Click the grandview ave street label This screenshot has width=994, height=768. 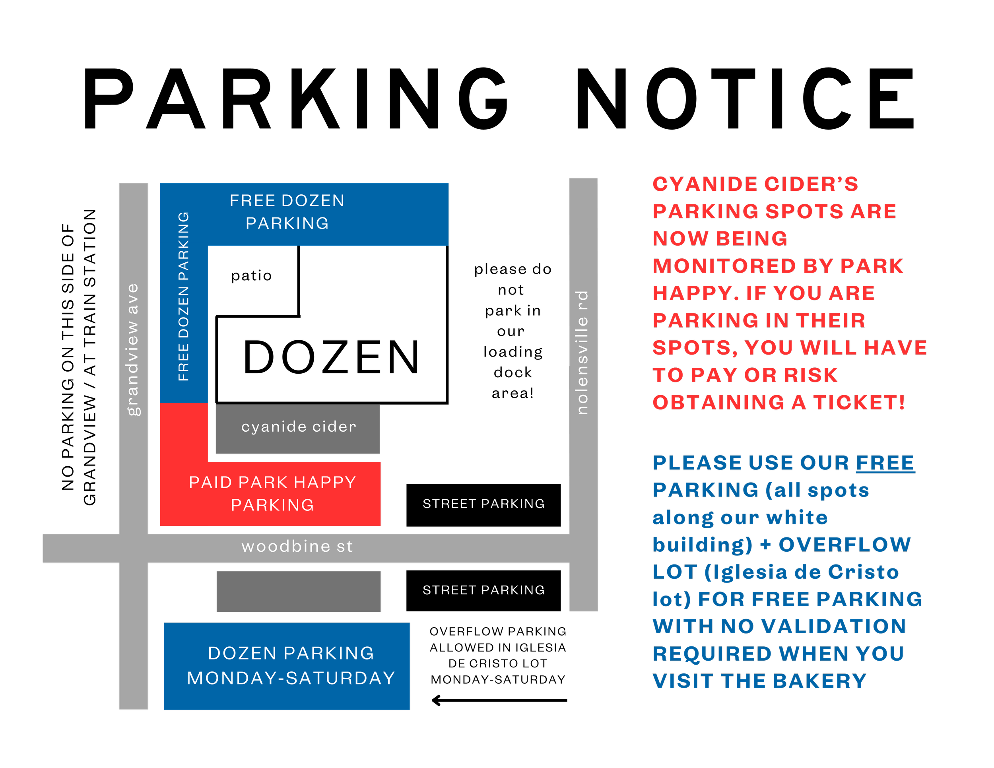[132, 349]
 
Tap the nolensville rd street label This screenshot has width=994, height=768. [582, 353]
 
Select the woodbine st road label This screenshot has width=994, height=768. [297, 547]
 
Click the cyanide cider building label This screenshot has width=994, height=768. [299, 427]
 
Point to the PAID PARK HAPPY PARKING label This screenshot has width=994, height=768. [272, 494]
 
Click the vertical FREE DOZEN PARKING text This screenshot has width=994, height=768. [183, 297]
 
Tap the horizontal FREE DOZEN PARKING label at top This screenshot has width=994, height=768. [287, 212]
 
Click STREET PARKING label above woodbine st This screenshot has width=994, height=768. [483, 504]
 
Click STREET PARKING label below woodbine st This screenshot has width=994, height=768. [483, 590]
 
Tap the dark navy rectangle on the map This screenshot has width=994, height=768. [372, 280]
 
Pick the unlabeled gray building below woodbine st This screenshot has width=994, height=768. [299, 592]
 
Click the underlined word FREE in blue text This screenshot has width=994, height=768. [885, 463]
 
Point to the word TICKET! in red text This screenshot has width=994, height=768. [859, 403]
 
